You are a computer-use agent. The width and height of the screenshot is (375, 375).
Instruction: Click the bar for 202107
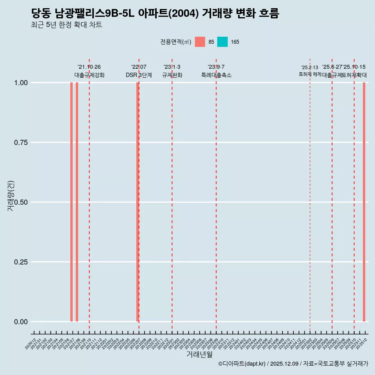[71, 202]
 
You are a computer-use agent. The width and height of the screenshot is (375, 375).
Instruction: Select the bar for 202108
[77, 202]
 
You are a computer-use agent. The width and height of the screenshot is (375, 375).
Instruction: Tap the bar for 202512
[364, 202]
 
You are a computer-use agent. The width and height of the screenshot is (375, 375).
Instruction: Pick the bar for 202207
[137, 202]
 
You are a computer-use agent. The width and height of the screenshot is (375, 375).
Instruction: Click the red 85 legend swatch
[200, 42]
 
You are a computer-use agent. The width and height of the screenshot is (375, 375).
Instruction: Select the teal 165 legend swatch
[222, 42]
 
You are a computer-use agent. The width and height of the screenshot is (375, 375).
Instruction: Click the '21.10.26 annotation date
[89, 67]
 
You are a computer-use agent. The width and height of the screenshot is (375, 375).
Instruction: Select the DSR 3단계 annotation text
[139, 75]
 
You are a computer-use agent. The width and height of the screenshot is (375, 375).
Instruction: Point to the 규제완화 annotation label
[172, 75]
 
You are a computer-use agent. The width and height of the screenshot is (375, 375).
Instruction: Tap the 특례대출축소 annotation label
[216, 75]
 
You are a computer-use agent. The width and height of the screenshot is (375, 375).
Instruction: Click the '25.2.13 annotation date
[310, 68]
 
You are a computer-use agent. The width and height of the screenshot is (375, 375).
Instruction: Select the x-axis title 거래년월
[200, 355]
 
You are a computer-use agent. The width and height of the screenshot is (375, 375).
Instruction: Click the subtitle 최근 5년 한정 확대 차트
[66, 25]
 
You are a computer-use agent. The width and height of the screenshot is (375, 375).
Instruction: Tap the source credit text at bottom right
[293, 364]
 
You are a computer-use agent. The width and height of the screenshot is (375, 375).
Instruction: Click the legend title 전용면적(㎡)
[176, 42]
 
